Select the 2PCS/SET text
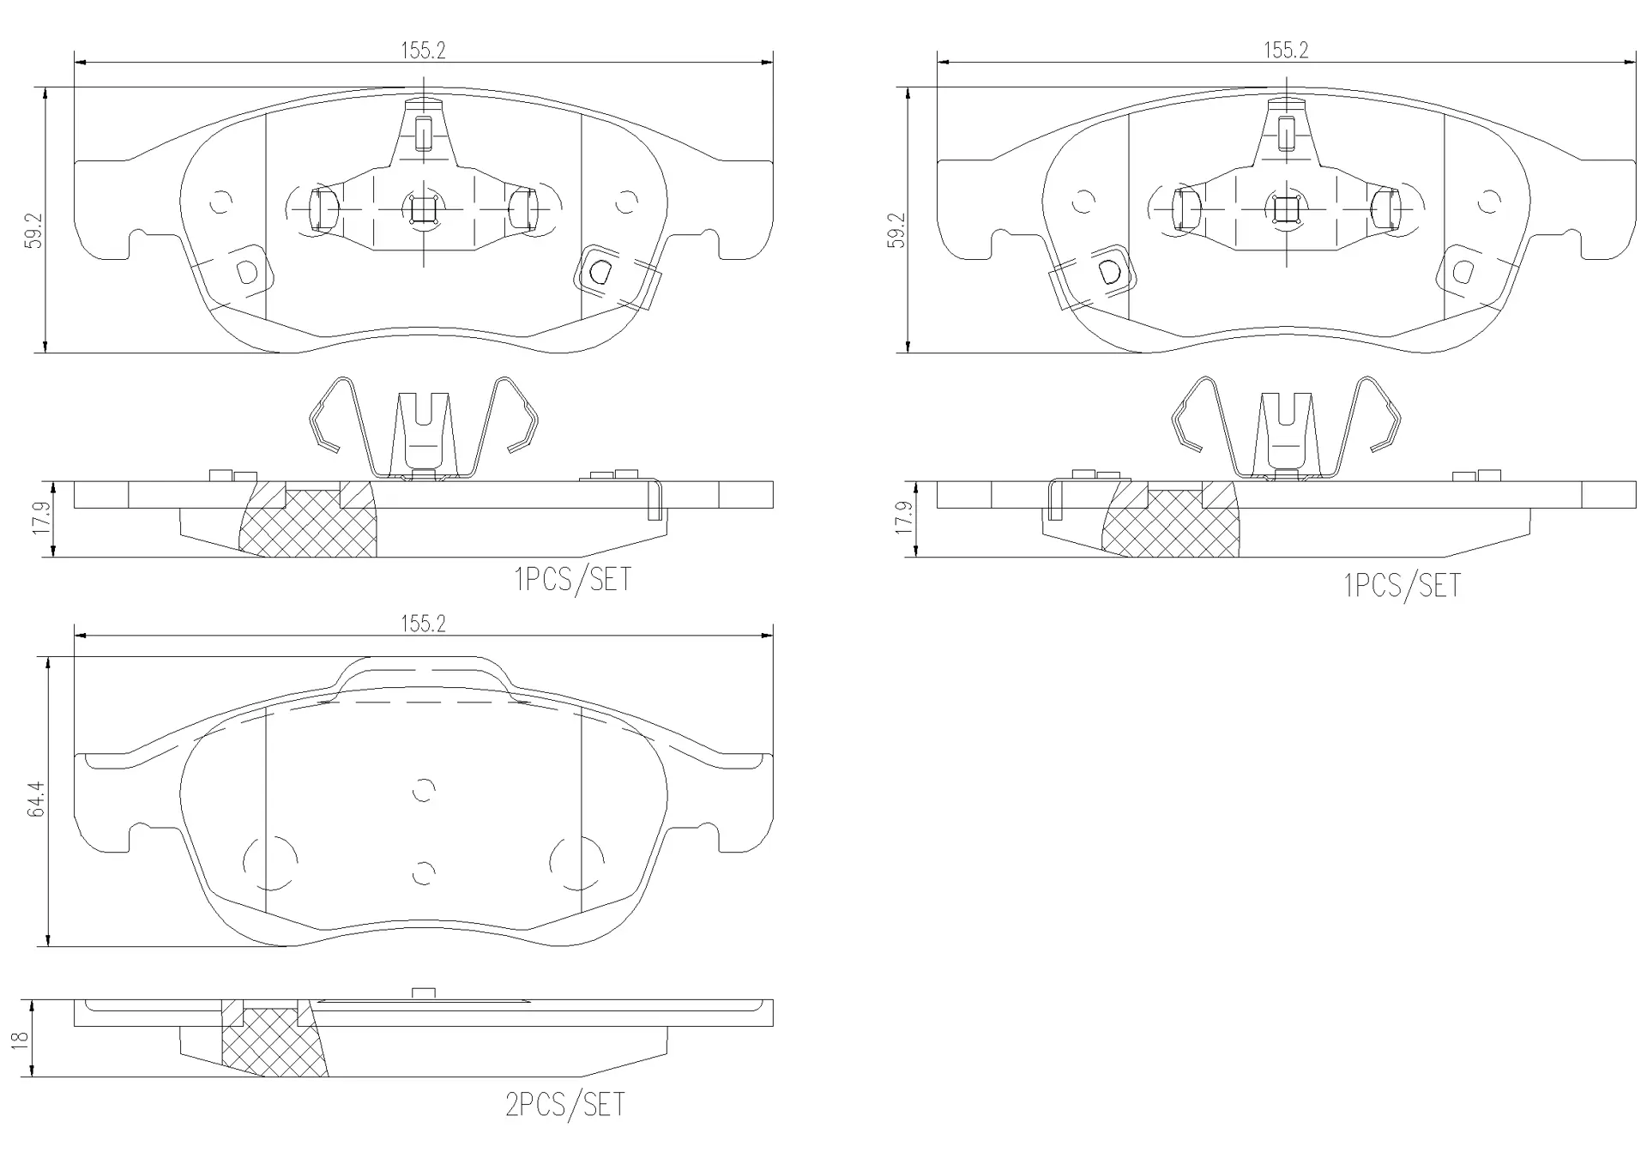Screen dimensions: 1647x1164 (565, 1104)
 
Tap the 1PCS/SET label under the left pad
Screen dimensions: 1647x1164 (572, 579)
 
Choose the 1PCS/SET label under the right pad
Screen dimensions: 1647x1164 (1401, 585)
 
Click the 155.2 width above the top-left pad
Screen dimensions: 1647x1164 (424, 51)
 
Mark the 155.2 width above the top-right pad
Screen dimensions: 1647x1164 (1286, 51)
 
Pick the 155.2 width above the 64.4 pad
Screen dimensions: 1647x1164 (424, 624)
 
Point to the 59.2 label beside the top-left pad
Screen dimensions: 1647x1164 (33, 230)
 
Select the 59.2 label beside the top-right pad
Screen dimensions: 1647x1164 (896, 230)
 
